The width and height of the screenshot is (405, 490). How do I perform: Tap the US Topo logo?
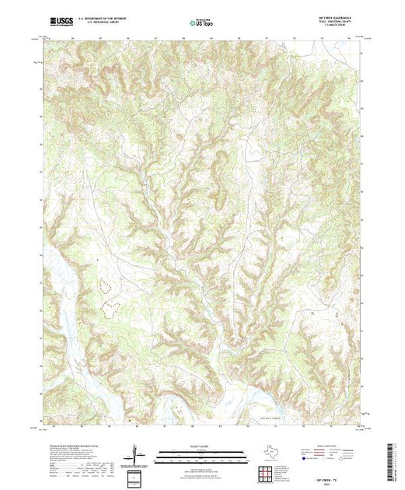(x=202, y=23)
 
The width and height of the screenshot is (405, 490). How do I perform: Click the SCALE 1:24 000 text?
(x=202, y=450)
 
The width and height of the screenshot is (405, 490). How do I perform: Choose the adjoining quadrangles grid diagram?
(x=267, y=471)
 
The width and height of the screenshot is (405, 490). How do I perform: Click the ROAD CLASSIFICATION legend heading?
(x=324, y=449)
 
